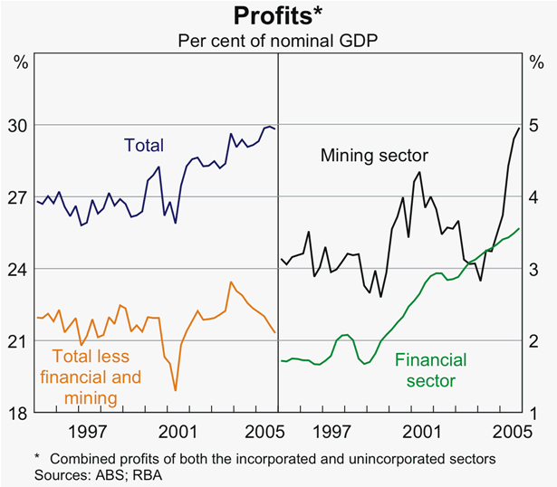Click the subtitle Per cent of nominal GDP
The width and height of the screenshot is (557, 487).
coord(277,41)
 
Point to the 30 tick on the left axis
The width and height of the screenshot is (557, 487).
coord(19,125)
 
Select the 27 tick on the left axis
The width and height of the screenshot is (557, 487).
coord(19,197)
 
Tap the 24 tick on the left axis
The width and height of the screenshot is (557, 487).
coord(19,270)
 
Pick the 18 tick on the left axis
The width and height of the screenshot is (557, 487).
coord(19,414)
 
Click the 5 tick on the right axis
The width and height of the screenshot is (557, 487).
coord(534,125)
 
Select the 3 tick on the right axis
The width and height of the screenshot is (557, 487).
coord(534,270)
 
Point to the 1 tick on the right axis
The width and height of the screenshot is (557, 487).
coord(534,414)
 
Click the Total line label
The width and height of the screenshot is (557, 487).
coord(143,145)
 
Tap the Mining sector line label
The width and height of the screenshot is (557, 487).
coord(374,156)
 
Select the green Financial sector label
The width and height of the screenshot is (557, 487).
coord(425,369)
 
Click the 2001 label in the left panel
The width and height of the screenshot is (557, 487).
coord(172,431)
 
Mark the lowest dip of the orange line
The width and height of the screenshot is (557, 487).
coord(175,390)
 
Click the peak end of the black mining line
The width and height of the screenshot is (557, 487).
coord(518,128)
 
